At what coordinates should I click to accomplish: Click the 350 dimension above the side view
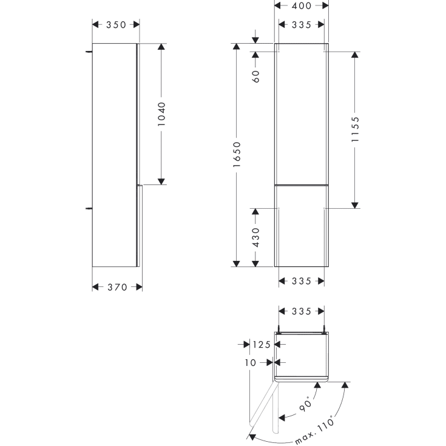click(116, 25)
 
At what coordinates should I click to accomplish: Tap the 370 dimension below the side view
click(117, 287)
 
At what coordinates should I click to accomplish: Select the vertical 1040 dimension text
click(161, 113)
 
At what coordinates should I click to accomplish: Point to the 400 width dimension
click(302, 6)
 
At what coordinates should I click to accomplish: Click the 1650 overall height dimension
click(237, 155)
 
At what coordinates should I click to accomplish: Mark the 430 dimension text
click(255, 237)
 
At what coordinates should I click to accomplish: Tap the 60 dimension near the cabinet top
click(255, 75)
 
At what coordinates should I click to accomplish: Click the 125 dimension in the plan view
click(261, 345)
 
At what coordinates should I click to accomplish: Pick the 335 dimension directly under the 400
click(302, 25)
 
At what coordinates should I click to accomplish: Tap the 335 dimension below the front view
click(302, 281)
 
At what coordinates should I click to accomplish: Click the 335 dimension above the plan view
click(302, 311)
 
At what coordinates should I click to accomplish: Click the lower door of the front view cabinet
click(302, 225)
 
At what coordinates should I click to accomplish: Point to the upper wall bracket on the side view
click(89, 52)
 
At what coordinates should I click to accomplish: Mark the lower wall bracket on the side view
click(89, 208)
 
